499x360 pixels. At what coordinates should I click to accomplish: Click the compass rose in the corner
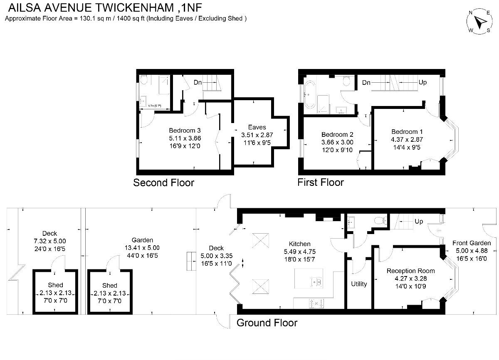coord(479,21)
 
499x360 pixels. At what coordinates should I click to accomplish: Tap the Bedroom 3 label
coord(185,131)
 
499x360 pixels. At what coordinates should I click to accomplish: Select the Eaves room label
coord(257,127)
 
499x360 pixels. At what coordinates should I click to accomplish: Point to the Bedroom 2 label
coord(337,134)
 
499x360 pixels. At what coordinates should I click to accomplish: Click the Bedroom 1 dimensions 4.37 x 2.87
coord(407,140)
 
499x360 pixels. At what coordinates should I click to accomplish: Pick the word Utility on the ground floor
coord(359,284)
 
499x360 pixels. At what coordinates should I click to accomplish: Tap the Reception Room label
coord(410,271)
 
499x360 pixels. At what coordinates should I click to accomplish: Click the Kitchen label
coord(299,244)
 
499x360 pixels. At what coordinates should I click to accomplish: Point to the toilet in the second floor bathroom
coord(144,80)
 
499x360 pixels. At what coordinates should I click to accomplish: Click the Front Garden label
coord(472,243)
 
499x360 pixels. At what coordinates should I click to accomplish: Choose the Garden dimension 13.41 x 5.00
coord(142,248)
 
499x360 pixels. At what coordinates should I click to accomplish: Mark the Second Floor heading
coord(163,183)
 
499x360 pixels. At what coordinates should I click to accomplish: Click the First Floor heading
coord(321,182)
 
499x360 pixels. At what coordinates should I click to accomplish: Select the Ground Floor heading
coord(267,323)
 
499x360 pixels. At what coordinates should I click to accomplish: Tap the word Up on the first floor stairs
coord(422,82)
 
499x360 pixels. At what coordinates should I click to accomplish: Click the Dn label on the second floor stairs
coord(198,83)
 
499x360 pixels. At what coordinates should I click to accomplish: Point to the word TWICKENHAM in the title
coord(135,8)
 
